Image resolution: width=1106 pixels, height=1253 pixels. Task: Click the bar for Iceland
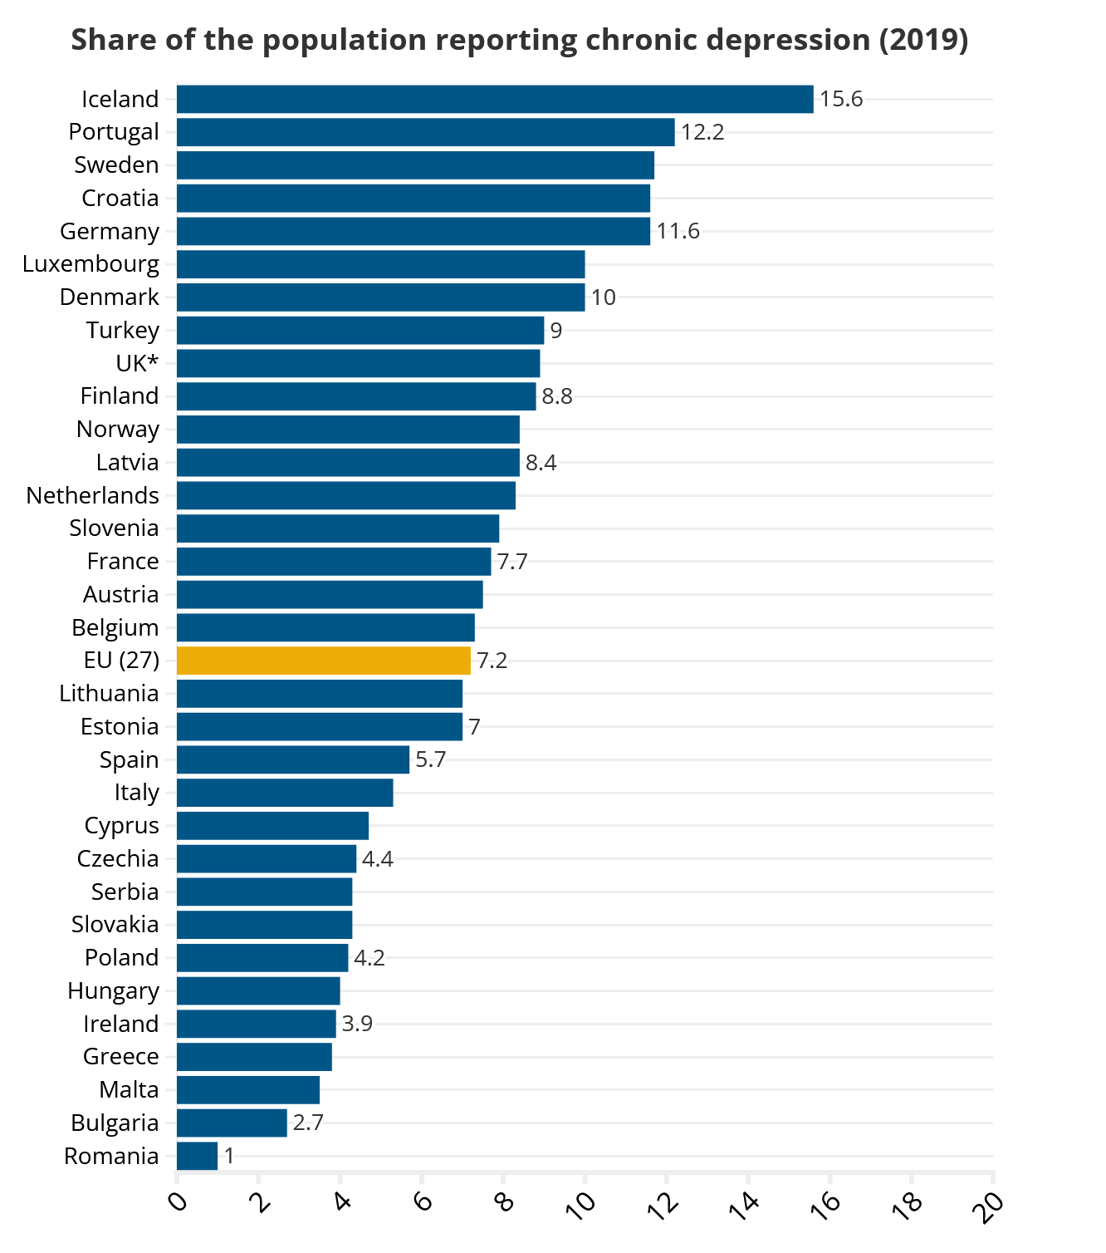click(x=495, y=99)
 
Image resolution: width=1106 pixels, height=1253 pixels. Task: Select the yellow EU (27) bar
click(x=324, y=661)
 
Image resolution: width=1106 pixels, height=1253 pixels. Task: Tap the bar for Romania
click(x=198, y=1156)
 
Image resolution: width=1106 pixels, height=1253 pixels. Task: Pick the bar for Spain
click(x=293, y=759)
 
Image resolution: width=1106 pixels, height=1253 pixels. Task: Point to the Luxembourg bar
click(x=380, y=264)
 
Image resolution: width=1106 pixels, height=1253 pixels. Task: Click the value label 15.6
click(x=841, y=100)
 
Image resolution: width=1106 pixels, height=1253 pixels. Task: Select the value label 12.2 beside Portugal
click(x=702, y=132)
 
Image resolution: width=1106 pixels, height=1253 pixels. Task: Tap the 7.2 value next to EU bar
click(x=492, y=661)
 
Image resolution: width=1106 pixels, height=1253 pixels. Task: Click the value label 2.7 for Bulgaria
click(x=308, y=1123)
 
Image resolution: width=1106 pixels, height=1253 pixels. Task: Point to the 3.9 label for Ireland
click(x=357, y=1024)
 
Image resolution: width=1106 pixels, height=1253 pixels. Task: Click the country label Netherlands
click(x=93, y=496)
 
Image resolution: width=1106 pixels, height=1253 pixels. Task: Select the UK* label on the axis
click(x=138, y=364)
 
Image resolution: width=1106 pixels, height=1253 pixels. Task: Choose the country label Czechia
click(x=118, y=859)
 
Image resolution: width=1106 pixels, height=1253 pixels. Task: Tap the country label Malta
click(x=129, y=1090)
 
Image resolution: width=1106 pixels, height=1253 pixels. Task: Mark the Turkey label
click(x=123, y=331)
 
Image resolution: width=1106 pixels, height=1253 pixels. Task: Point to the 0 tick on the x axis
click(x=178, y=1201)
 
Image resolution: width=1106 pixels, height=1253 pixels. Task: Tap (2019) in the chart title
click(x=923, y=41)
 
